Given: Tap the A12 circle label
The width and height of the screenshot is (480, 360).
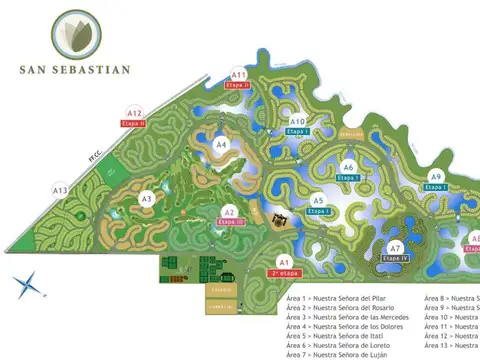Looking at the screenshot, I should click(134, 113).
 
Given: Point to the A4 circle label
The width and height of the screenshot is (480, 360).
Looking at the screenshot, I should click(222, 145).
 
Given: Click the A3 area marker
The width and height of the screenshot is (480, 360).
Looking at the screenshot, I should click(146, 199).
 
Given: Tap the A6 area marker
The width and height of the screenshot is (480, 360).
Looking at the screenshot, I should click(348, 167).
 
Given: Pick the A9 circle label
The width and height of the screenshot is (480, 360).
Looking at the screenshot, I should click(436, 177).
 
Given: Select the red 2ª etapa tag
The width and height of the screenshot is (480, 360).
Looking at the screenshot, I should click(284, 272).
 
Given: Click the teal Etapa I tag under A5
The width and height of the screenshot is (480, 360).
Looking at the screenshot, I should click(319, 211).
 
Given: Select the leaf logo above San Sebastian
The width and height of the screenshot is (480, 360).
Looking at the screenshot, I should click(76, 36).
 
